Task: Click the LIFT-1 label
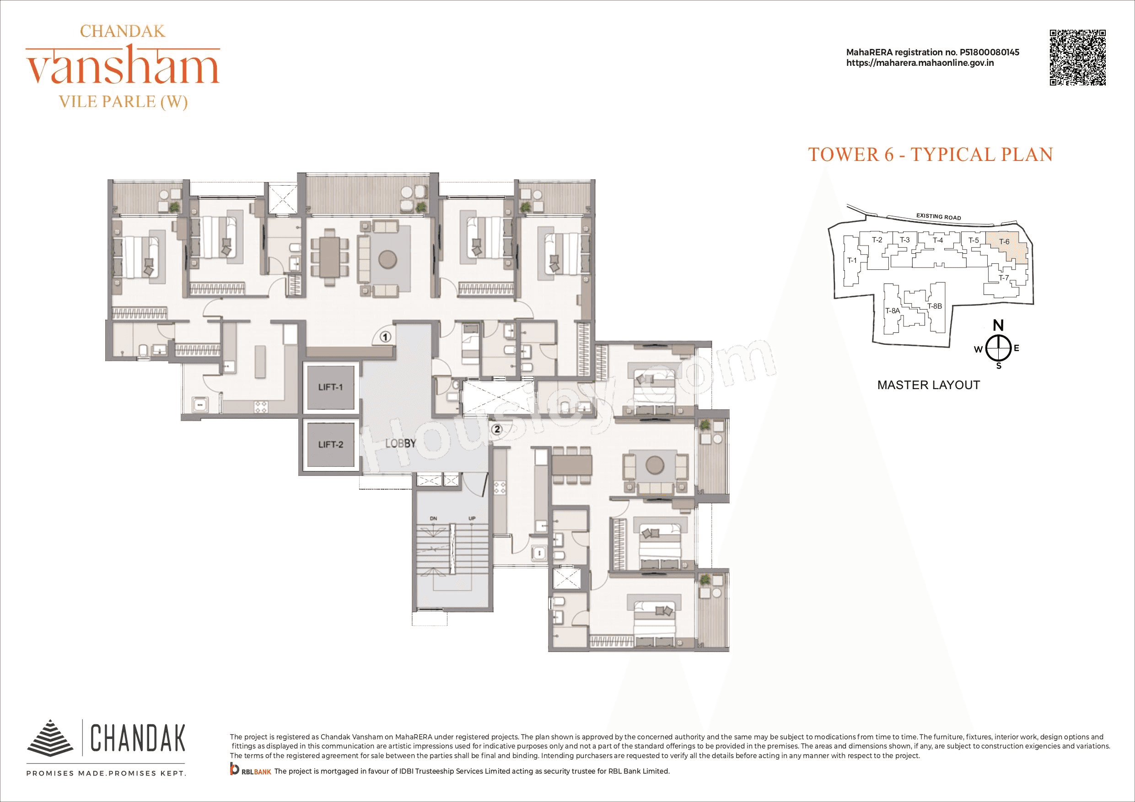tap(330, 387)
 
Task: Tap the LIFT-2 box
tap(330, 444)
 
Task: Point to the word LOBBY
tap(400, 443)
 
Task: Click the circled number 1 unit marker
tap(386, 337)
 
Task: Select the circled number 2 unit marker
tap(497, 429)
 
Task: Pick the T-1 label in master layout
tap(852, 261)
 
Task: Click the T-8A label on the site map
tap(892, 311)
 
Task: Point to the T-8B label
tap(934, 306)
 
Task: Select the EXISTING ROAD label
tap(938, 216)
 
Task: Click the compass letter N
tap(999, 325)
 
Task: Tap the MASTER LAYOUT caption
tap(928, 385)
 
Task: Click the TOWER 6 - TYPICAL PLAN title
tap(931, 155)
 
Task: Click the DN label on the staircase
tap(434, 519)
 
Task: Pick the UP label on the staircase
tap(472, 519)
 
